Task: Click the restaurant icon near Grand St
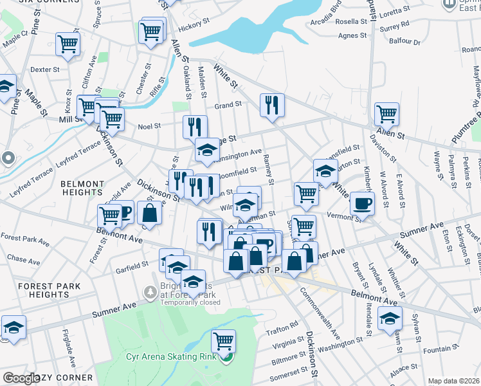(272, 104)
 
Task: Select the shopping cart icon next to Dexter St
(67, 44)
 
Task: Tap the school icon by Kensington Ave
(207, 150)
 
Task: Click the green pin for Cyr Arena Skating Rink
(225, 357)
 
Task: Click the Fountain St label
(437, 349)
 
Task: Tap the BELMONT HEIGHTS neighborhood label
(82, 188)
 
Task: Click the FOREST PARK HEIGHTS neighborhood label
(49, 290)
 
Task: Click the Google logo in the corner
(21, 378)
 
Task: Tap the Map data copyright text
(453, 381)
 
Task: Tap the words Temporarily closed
(186, 302)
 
